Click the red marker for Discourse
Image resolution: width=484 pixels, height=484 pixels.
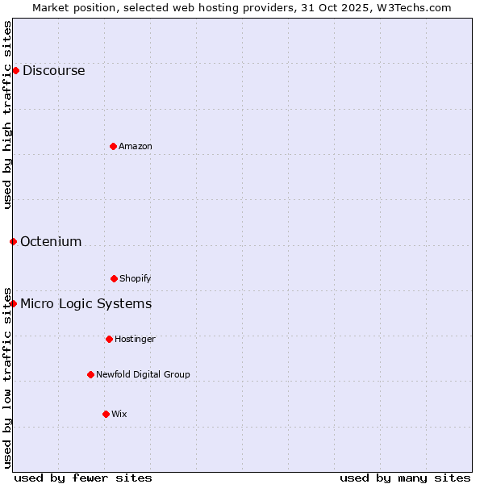coord(15,70)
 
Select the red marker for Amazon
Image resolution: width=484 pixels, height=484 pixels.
coord(113,146)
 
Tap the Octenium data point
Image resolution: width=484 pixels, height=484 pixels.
coord(13,241)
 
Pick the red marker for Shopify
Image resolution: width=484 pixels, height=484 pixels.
coord(114,278)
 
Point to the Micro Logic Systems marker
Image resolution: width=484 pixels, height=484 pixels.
coord(13,303)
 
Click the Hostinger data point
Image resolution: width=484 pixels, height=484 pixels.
coord(109,339)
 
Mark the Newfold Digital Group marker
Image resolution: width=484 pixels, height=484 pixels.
coord(90,374)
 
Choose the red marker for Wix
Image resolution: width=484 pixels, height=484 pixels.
coord(106,414)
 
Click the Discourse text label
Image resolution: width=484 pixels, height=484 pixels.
coord(53,70)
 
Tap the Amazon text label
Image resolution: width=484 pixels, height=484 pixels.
coord(136,146)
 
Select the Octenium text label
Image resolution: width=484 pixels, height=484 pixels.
coord(51,241)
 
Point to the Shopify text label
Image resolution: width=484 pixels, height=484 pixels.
coord(136,278)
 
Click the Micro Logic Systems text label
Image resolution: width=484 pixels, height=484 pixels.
coord(86,303)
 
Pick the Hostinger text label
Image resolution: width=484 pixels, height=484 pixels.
coord(135,339)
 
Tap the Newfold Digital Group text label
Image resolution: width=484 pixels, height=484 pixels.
coord(143,374)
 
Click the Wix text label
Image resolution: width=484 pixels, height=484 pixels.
coord(119,414)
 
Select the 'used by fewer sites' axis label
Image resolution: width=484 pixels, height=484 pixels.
coord(83,478)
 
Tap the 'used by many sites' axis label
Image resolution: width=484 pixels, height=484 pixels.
coord(405,478)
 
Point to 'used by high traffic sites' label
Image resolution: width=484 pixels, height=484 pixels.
coord(7,115)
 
